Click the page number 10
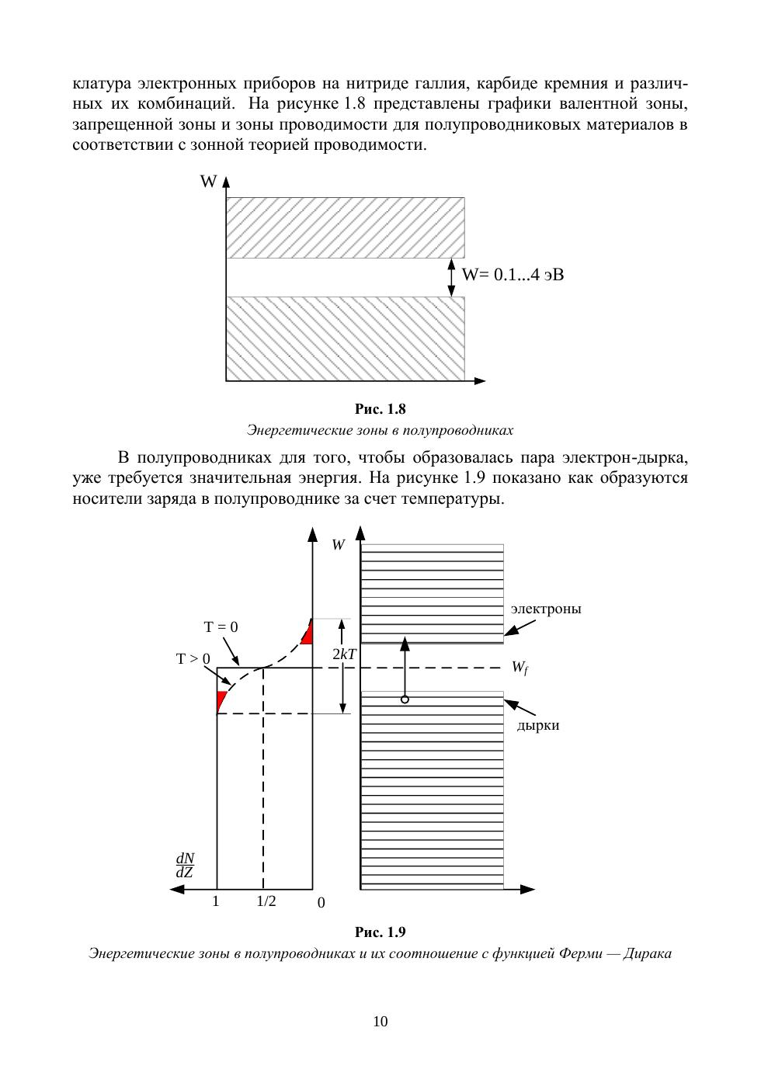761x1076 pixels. tap(380, 1022)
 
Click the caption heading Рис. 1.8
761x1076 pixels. tap(380, 409)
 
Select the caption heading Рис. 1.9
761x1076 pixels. tap(380, 932)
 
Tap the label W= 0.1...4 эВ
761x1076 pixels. tap(513, 275)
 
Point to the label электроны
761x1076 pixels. tap(546, 609)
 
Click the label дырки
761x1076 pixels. tap(538, 725)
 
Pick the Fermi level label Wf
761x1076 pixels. tap(519, 668)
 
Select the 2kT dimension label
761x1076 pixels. tap(343, 654)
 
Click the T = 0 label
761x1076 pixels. tap(221, 627)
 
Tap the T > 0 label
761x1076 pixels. tap(193, 659)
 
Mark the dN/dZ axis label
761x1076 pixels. tap(185, 865)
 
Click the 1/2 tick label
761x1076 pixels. tap(266, 901)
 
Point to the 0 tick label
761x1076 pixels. tap(321, 903)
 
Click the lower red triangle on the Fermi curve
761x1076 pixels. tap(221, 699)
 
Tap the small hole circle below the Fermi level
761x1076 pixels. tap(405, 699)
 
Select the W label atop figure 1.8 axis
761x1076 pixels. tap(208, 182)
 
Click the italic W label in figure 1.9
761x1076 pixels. tap(338, 545)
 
